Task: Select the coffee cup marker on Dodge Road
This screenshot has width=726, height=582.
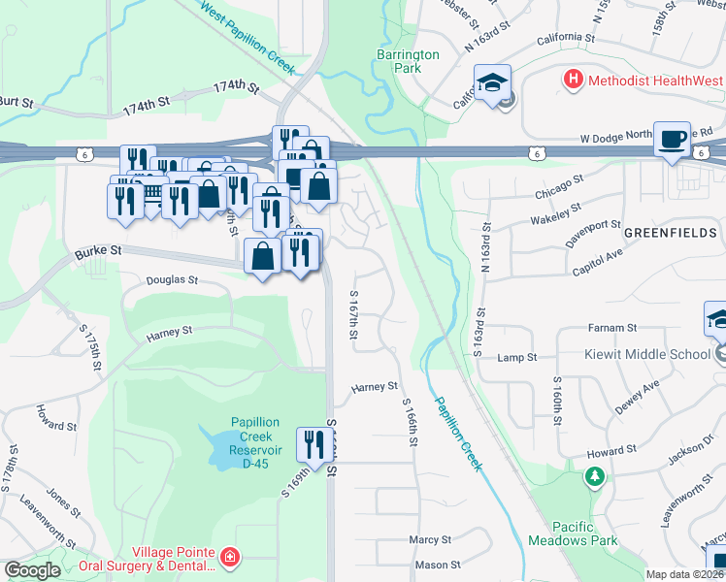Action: (x=672, y=139)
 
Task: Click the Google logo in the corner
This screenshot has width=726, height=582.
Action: (x=32, y=570)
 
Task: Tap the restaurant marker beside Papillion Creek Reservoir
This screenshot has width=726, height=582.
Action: (x=312, y=445)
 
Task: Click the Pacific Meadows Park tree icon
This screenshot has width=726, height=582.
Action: (x=594, y=476)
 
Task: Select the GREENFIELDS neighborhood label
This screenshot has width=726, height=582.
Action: (x=670, y=233)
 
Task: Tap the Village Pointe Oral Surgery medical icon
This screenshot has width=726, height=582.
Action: (x=229, y=557)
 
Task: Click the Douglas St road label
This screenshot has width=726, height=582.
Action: (x=171, y=279)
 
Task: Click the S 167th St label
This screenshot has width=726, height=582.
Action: (x=354, y=314)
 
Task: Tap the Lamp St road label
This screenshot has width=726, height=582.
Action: (x=516, y=358)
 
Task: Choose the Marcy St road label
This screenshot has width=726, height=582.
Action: (x=430, y=539)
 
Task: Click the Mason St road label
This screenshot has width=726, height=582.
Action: (x=437, y=565)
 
